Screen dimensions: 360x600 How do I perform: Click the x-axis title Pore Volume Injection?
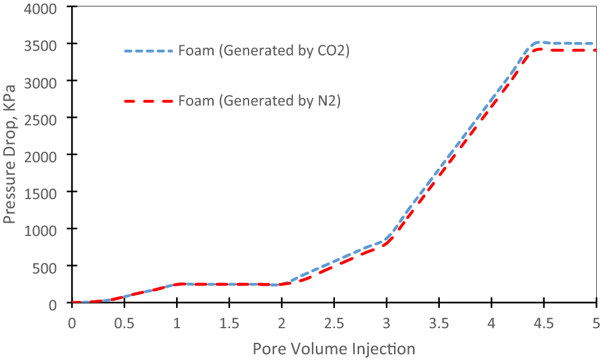coord(334,349)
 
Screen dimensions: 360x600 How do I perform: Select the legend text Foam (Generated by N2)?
coord(259,100)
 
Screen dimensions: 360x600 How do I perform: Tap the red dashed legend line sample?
coord(148,100)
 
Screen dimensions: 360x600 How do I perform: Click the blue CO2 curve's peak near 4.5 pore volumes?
coord(539,43)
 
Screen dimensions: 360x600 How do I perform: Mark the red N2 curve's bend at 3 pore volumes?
coord(386,244)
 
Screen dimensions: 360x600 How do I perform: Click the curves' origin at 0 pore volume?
coord(72,303)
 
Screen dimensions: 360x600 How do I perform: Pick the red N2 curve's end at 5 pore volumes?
coord(596,50)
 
